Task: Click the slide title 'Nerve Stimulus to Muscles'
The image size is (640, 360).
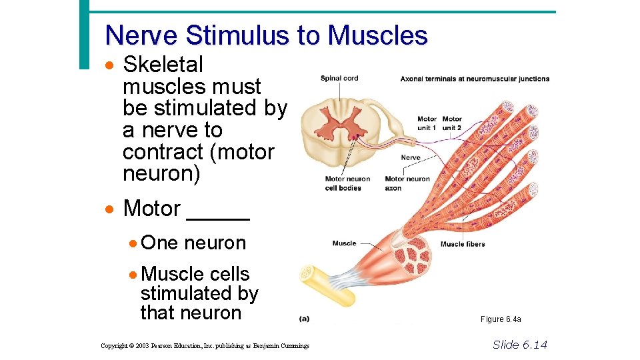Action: click(x=266, y=35)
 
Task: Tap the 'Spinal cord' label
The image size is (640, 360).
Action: click(x=339, y=78)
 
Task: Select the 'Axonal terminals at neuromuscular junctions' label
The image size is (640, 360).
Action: click(x=475, y=79)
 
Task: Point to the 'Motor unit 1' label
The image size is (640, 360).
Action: click(x=427, y=123)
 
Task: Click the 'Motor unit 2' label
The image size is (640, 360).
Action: click(x=452, y=123)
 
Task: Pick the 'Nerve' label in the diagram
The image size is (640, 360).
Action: click(x=411, y=157)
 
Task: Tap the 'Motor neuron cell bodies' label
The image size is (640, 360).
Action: click(x=347, y=183)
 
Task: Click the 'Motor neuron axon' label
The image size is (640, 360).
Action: click(x=407, y=183)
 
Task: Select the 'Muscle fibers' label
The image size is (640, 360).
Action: click(x=462, y=244)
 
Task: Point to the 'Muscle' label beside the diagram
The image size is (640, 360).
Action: click(x=344, y=243)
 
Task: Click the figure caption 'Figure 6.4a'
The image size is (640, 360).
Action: click(x=501, y=319)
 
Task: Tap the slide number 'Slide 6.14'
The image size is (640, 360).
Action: click(x=519, y=344)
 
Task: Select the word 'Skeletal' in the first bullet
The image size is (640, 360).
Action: click(x=163, y=65)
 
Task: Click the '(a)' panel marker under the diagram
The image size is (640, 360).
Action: click(x=304, y=319)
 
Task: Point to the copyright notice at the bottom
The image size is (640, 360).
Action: click(x=205, y=345)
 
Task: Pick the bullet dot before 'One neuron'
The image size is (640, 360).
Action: click(x=134, y=243)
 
